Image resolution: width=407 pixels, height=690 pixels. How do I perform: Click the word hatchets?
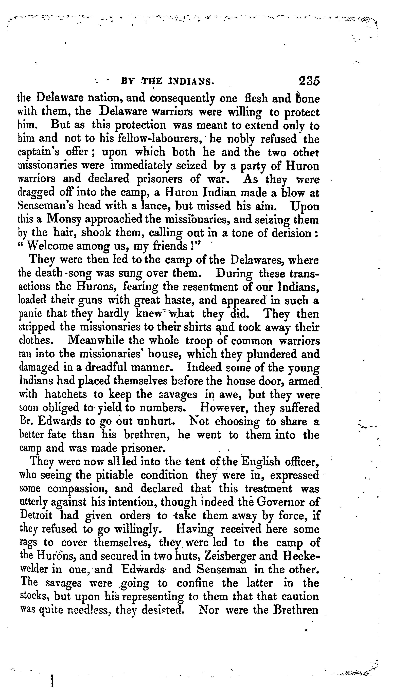[x=66, y=395]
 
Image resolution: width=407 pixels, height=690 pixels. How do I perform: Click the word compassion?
[x=78, y=489]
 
